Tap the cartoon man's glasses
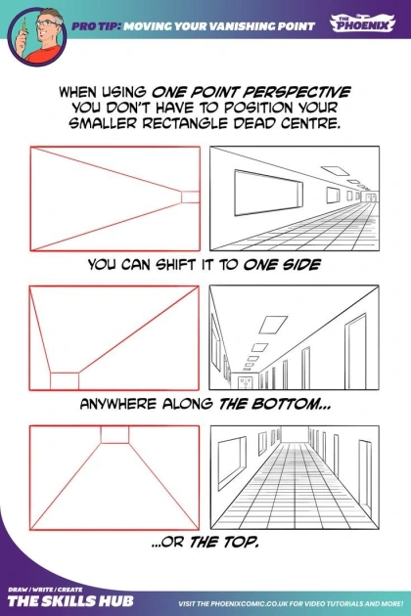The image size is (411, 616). tap(47, 23)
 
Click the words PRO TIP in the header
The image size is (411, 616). tap(96, 26)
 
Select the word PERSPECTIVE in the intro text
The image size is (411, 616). tap(296, 92)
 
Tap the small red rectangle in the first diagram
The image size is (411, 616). tap(191, 197)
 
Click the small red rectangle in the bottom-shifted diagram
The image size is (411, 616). tap(65, 381)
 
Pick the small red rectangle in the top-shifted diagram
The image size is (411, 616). tap(114, 434)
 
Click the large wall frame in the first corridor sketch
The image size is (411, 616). tap(269, 193)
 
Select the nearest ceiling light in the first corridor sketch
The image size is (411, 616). tap(335, 170)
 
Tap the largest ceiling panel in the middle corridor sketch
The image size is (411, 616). tap(273, 325)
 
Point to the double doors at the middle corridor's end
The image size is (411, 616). tap(245, 382)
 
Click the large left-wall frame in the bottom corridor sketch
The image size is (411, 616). tap(232, 462)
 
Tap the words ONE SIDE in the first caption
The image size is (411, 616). tap(282, 264)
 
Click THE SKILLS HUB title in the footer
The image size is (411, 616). tap(70, 600)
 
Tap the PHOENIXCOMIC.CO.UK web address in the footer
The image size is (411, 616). tap(246, 603)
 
